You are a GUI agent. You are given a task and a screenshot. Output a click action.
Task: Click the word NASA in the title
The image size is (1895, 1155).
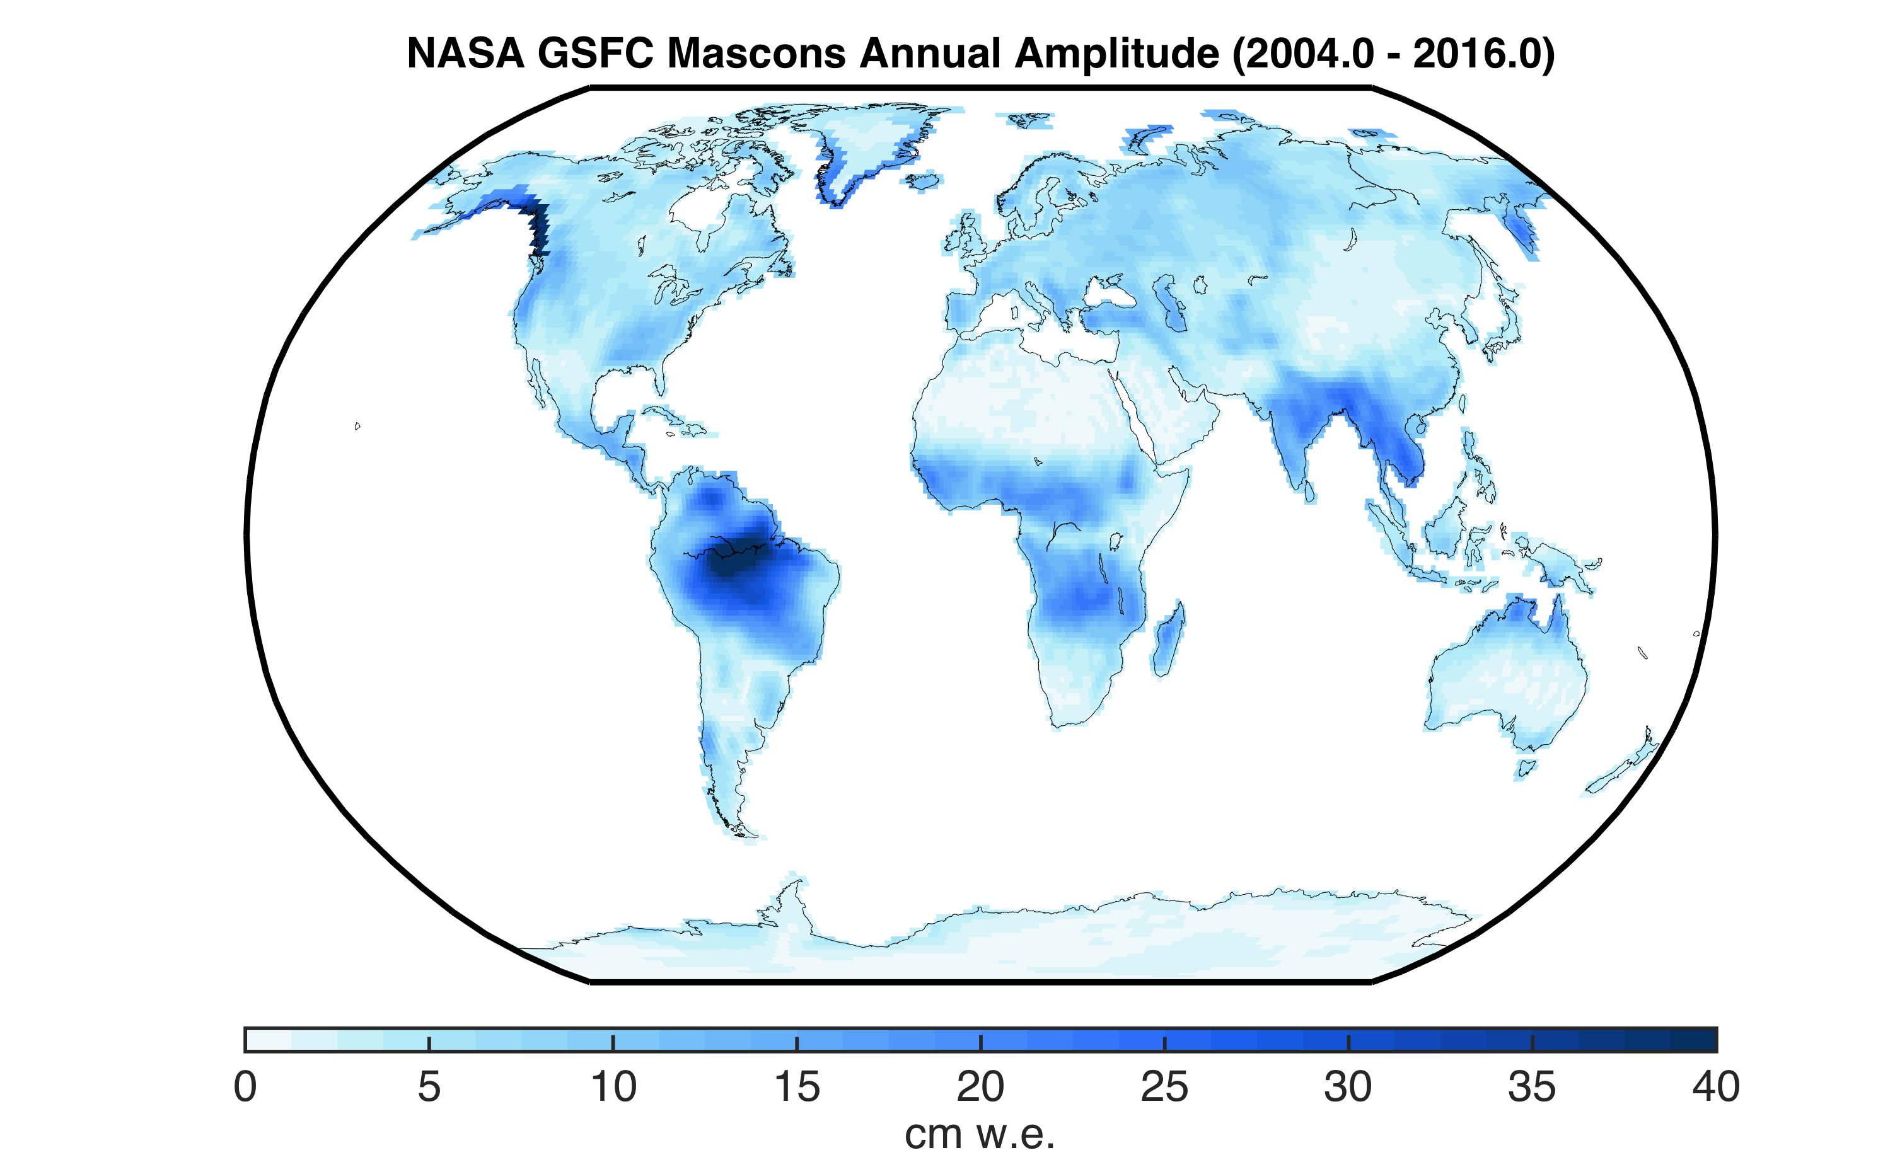tap(465, 54)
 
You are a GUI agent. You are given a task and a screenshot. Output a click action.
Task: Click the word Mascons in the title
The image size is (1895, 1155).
tap(756, 54)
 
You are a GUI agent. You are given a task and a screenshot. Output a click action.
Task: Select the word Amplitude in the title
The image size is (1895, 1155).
tap(1116, 54)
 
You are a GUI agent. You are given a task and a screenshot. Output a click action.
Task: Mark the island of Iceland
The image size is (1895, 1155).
tap(924, 181)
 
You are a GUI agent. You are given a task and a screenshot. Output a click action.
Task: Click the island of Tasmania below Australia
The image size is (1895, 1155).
tap(1525, 768)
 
